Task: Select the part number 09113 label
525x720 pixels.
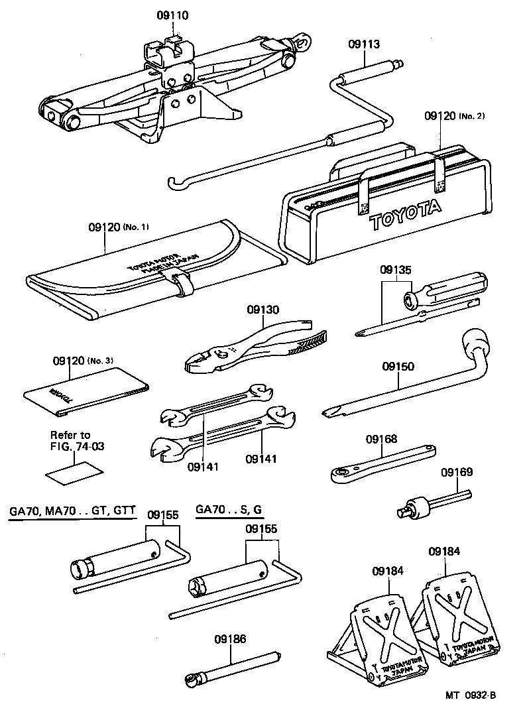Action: (364, 44)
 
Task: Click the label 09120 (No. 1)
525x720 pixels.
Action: (119, 227)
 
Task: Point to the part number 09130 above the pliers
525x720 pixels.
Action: (263, 310)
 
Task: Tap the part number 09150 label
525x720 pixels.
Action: (398, 367)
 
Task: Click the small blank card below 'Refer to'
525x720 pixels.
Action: (74, 472)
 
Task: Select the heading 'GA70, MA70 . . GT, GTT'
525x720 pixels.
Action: (72, 510)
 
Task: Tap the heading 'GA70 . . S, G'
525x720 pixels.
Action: (229, 510)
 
